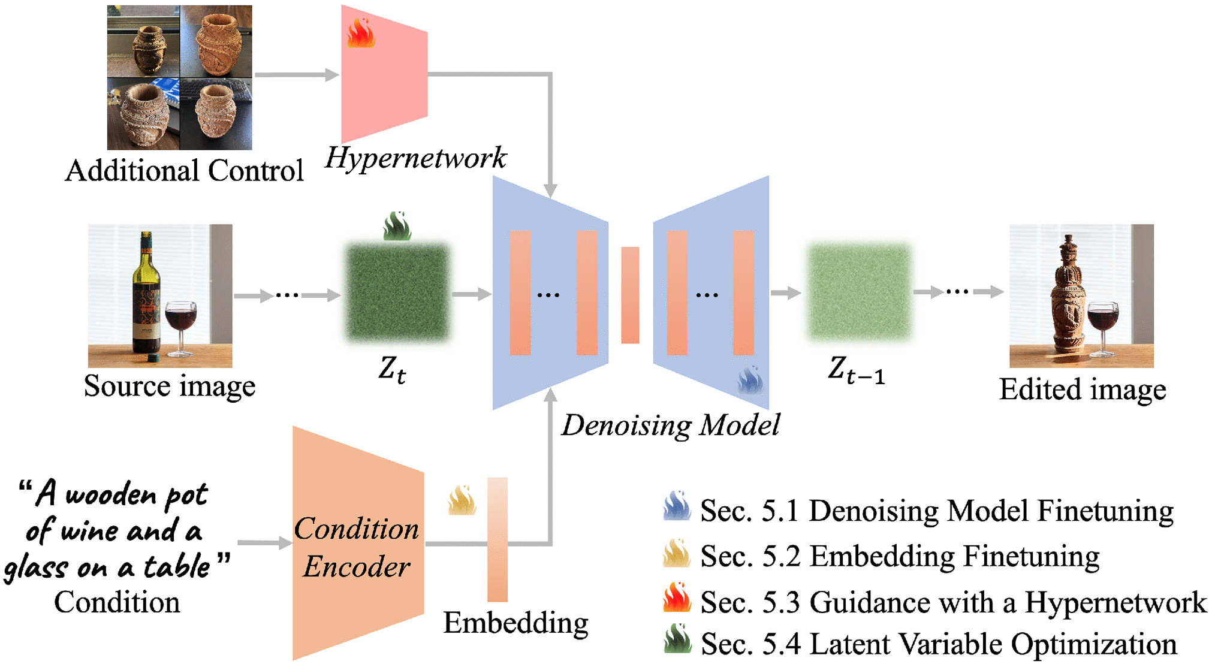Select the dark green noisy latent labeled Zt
click(397, 292)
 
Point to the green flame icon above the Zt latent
click(397, 227)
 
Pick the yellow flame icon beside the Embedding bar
click(462, 501)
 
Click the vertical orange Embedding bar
click(498, 539)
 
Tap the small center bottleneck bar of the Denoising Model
click(630, 295)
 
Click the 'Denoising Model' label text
click(670, 426)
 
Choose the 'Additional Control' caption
click(184, 171)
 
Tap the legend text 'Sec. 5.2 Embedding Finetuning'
click(900, 556)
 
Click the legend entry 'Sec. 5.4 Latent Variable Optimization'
click(939, 644)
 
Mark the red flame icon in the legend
click(677, 598)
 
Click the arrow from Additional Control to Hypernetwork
click(296, 75)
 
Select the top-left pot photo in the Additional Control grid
click(143, 41)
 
